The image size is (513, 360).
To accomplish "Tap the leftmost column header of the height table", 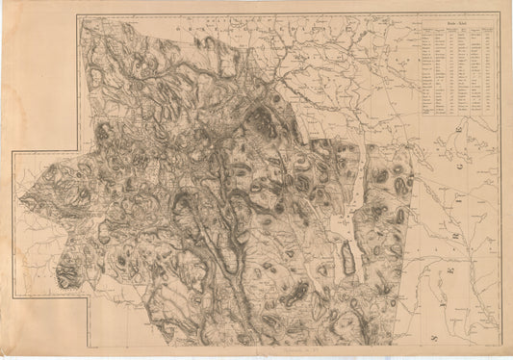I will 427,30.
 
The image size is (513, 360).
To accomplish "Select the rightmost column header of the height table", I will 491,30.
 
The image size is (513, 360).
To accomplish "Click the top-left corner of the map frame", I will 78,14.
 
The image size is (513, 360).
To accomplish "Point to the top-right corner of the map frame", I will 501,14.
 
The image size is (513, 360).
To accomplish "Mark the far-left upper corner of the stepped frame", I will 13,151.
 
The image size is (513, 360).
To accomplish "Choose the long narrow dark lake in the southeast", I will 346,258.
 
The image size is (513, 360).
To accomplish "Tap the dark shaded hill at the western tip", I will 67,277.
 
